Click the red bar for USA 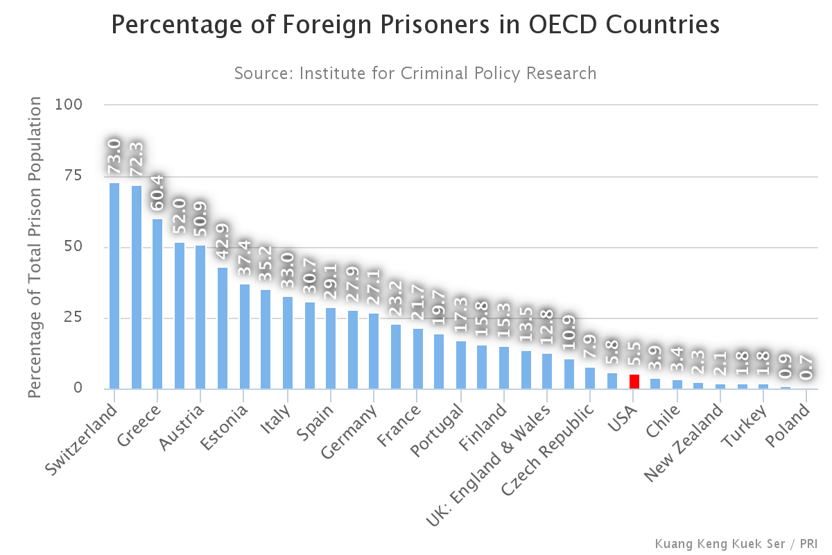[634, 382]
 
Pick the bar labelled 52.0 [180, 316]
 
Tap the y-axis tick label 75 [92, 176]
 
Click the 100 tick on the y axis [89, 105]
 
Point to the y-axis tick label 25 [92, 318]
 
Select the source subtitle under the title [415, 73]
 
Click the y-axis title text [35, 248]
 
